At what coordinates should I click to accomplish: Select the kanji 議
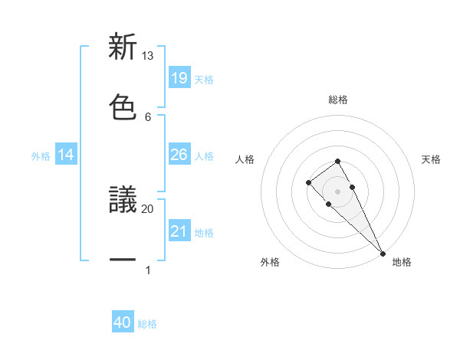pyautogui.click(x=123, y=199)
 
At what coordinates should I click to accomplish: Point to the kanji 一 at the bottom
pyautogui.click(x=123, y=261)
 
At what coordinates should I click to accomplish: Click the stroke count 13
pyautogui.click(x=147, y=55)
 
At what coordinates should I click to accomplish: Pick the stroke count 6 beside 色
pyautogui.click(x=147, y=116)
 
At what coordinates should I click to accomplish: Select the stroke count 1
pyautogui.click(x=147, y=270)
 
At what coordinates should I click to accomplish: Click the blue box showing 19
pyautogui.click(x=179, y=78)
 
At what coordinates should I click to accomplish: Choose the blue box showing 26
pyautogui.click(x=179, y=155)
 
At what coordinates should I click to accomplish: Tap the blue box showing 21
pyautogui.click(x=179, y=231)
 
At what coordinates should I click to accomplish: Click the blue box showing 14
pyautogui.click(x=66, y=155)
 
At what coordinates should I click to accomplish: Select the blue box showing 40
pyautogui.click(x=123, y=323)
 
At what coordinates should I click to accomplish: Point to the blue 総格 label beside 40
pyautogui.click(x=147, y=324)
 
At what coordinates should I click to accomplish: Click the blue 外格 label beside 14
pyautogui.click(x=41, y=155)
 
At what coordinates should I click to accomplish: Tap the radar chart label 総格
pyautogui.click(x=337, y=100)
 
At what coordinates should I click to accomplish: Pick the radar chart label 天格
pyautogui.click(x=432, y=159)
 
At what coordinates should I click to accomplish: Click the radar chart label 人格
pyautogui.click(x=245, y=159)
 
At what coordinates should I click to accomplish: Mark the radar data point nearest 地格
pyautogui.click(x=383, y=253)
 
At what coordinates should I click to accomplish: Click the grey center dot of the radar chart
pyautogui.click(x=337, y=191)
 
